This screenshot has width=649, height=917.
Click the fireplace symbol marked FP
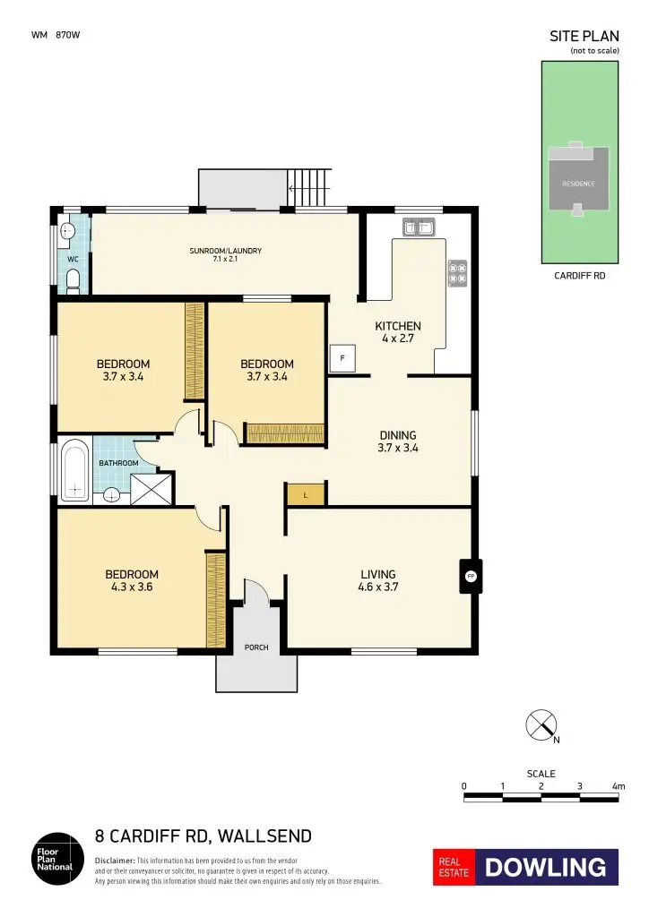(470, 577)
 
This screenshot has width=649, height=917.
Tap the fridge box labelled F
(342, 358)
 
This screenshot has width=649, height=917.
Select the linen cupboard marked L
(305, 494)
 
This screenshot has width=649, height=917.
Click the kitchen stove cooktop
(457, 272)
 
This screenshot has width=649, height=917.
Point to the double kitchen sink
(420, 228)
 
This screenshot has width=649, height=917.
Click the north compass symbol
(541, 724)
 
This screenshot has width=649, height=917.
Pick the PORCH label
(256, 647)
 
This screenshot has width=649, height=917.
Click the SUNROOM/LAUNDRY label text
(225, 251)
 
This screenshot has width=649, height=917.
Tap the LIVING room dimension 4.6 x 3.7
(377, 587)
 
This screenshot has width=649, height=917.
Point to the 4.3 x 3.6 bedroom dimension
(132, 587)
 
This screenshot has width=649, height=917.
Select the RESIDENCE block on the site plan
(578, 183)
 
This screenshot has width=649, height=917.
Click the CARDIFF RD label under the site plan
(579, 277)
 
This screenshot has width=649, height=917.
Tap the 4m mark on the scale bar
(618, 786)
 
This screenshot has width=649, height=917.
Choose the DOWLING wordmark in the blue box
(546, 867)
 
